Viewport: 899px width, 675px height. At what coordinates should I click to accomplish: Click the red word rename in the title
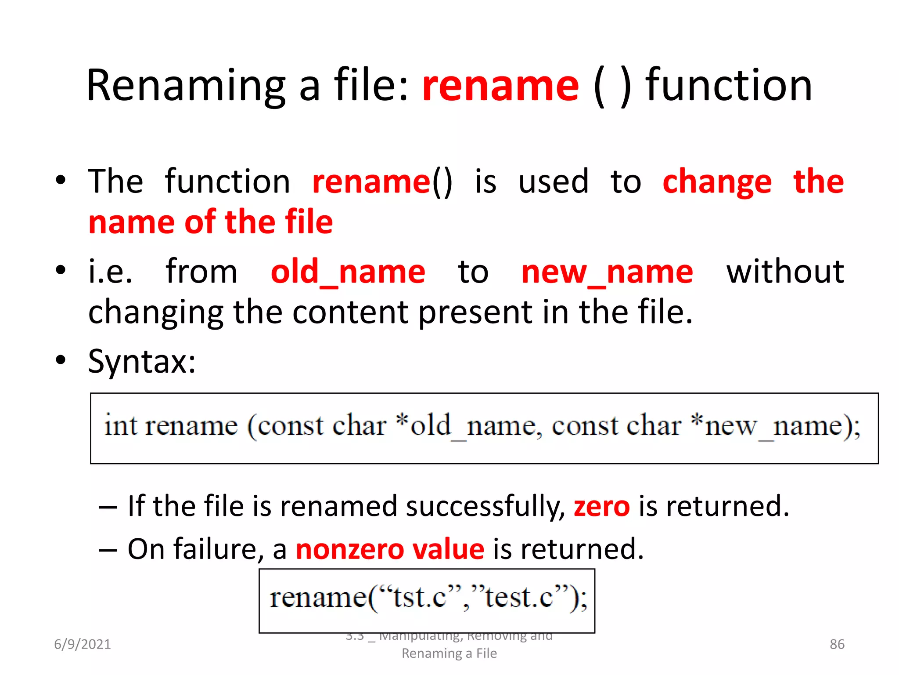[x=500, y=86]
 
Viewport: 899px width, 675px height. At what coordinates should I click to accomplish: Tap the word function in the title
[x=729, y=86]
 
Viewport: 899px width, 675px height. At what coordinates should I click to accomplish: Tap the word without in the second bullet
[x=785, y=272]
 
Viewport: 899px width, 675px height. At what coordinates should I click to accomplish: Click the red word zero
[x=601, y=506]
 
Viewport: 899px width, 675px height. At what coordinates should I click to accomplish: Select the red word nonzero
[x=349, y=549]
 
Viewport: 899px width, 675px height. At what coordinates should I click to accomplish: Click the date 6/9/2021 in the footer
[x=83, y=644]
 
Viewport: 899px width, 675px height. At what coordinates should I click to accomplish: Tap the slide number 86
[x=837, y=644]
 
